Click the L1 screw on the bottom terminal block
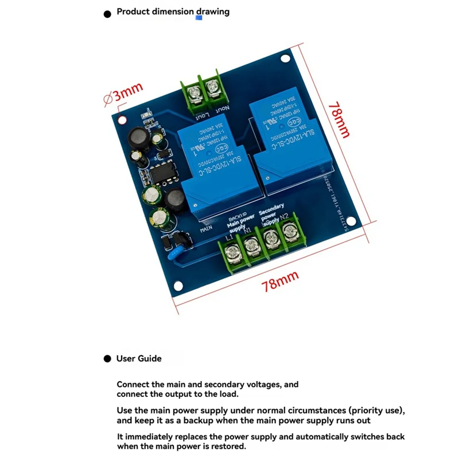point(233,250)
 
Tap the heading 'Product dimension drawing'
point(173,11)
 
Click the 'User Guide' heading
point(139,359)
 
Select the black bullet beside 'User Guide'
point(107,359)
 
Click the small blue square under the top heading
point(199,18)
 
